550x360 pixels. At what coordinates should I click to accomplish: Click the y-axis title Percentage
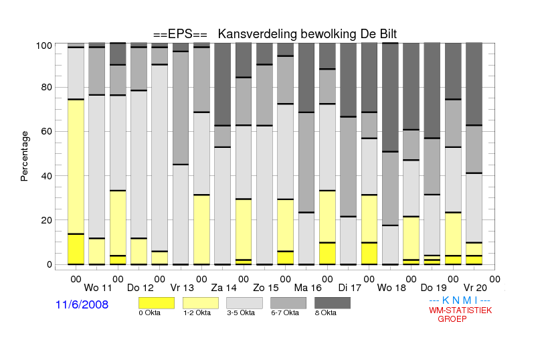[24, 156]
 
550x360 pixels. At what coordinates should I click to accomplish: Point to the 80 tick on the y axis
[47, 87]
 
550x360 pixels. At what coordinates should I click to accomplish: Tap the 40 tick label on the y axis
[47, 176]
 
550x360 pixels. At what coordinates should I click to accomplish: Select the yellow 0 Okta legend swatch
[157, 303]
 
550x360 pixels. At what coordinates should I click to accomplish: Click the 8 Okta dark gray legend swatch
[333, 303]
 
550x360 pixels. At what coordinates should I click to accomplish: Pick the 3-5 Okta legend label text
[241, 312]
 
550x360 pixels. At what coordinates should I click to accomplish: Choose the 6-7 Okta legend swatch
[288, 303]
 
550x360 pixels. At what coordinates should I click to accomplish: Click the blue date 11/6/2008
[82, 304]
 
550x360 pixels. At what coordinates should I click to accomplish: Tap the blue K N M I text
[460, 300]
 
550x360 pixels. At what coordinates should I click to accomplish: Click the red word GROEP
[452, 319]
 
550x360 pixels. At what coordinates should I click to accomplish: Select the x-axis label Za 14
[223, 288]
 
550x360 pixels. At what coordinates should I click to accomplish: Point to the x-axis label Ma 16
[308, 288]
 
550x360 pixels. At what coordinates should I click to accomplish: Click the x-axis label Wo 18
[391, 288]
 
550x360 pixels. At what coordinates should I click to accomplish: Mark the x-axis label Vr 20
[475, 288]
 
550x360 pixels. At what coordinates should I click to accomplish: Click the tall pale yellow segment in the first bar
[76, 167]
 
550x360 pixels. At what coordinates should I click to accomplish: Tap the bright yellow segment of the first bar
[76, 249]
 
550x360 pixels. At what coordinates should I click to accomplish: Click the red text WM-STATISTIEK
[460, 310]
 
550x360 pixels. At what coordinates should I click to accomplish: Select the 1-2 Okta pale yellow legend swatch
[201, 303]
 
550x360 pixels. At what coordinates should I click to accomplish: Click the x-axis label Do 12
[141, 288]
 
